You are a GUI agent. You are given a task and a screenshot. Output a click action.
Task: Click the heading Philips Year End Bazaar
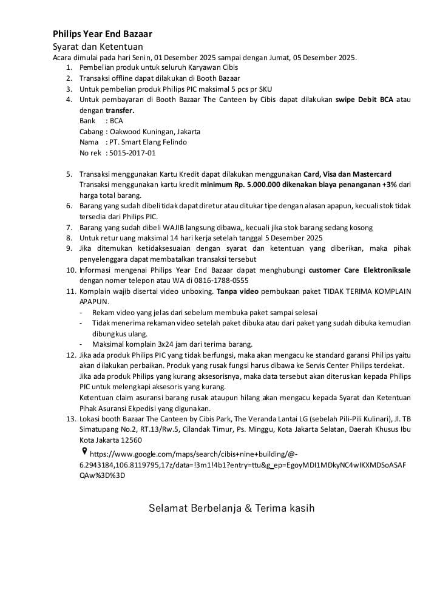(102, 34)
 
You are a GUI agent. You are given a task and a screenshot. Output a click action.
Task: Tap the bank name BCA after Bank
(116, 120)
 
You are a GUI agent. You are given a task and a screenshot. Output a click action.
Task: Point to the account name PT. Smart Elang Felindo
(144, 142)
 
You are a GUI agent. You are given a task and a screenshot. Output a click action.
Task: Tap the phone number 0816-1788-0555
(218, 281)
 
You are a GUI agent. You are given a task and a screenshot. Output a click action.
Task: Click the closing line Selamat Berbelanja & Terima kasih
(232, 508)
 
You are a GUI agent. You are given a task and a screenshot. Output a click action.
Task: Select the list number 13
(70, 418)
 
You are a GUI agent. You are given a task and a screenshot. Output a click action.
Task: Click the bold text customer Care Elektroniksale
(359, 270)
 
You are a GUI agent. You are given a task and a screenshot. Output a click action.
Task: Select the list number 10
(70, 270)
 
